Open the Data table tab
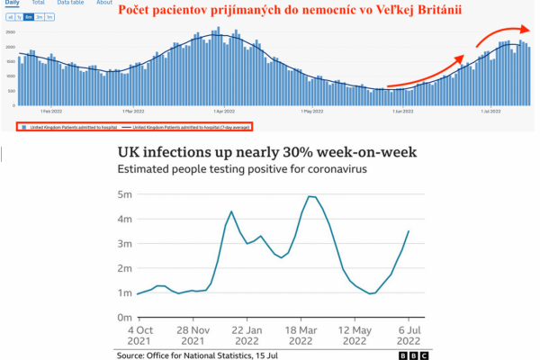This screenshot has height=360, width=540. point(70,3)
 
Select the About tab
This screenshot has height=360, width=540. point(104,3)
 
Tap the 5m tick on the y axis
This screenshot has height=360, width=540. point(124,193)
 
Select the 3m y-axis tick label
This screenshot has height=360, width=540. point(124,243)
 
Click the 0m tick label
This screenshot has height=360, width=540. point(124,318)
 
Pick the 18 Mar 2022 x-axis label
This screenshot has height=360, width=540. point(311,335)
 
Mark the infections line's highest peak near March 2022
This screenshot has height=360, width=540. point(310,196)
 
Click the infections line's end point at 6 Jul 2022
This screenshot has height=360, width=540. point(409,231)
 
